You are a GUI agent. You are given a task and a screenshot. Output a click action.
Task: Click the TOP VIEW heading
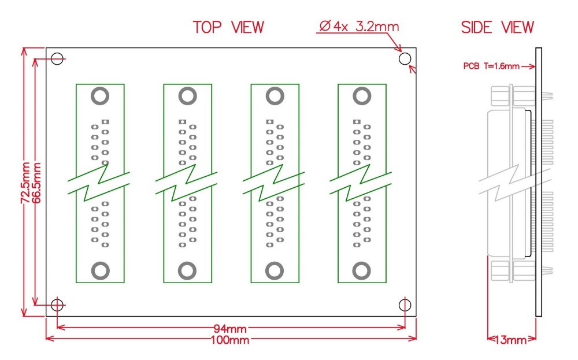pyautogui.click(x=228, y=27)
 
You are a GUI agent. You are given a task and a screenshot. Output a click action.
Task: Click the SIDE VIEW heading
pyautogui.click(x=497, y=27)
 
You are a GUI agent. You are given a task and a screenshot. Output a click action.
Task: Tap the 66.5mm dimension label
pyautogui.click(x=36, y=183)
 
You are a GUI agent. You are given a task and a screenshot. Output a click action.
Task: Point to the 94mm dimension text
pyautogui.click(x=231, y=329)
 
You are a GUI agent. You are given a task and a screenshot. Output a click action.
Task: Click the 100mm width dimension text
pyautogui.click(x=231, y=340)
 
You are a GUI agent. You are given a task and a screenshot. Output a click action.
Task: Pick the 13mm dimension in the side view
pyautogui.click(x=511, y=340)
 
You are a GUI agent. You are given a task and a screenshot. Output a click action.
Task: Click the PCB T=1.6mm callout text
pyautogui.click(x=491, y=66)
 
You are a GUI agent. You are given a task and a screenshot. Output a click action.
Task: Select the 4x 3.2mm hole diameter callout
pyautogui.click(x=358, y=27)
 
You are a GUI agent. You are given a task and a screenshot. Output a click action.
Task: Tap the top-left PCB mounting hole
pyautogui.click(x=57, y=58)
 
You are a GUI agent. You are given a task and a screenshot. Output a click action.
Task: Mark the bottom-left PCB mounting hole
pyautogui.click(x=57, y=305)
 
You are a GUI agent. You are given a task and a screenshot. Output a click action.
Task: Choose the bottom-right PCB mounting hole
pyautogui.click(x=405, y=305)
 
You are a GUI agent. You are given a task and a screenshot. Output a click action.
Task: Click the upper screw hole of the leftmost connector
pyautogui.click(x=101, y=96)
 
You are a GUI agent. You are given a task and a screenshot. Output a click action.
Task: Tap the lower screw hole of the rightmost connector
pyautogui.click(x=362, y=270)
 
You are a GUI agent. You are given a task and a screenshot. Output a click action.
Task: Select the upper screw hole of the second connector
pyautogui.click(x=187, y=96)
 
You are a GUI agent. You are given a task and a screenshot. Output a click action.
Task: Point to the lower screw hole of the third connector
pyautogui.click(x=275, y=270)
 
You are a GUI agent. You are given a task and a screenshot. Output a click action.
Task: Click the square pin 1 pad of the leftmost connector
pyautogui.click(x=105, y=122)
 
